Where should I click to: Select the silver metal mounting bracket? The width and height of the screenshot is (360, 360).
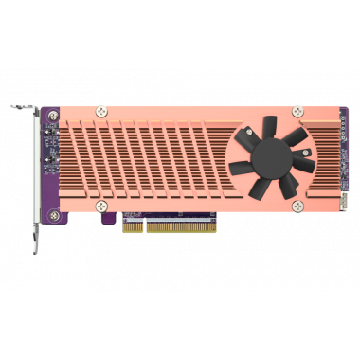coord(37,171)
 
